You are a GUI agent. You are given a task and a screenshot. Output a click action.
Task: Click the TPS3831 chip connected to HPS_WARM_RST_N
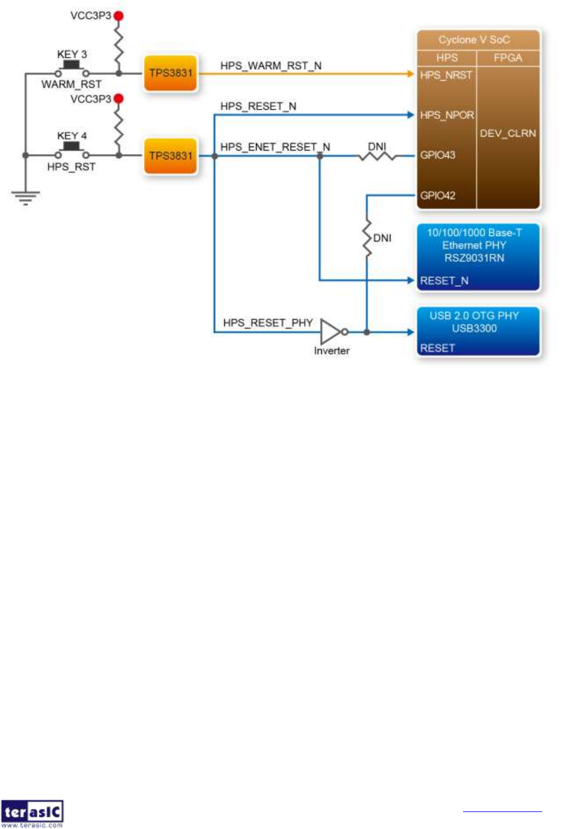pos(171,73)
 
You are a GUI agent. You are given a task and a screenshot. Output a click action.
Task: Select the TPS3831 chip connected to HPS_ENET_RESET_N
pos(171,156)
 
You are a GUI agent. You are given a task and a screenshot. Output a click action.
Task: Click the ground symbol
pos(25,197)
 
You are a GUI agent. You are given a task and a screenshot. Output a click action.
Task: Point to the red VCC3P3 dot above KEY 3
pos(118,16)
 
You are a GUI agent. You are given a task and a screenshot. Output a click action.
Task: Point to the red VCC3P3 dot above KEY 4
pos(118,98)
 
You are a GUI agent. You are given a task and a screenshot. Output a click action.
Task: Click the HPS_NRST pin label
pos(445,75)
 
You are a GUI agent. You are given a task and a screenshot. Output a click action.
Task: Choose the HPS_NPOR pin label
pos(447,115)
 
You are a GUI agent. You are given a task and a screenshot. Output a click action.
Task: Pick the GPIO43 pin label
pos(437,155)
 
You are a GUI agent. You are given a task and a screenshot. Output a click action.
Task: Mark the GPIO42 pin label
pos(437,196)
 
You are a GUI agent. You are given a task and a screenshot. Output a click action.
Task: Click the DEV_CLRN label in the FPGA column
pos(508,134)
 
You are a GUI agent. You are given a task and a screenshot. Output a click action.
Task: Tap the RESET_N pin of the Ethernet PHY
pos(444,281)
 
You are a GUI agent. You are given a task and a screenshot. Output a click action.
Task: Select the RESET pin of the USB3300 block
pos(437,348)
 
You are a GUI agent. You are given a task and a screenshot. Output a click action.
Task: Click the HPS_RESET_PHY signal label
pos(268,323)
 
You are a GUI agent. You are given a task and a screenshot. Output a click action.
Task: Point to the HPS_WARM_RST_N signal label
pos(271,66)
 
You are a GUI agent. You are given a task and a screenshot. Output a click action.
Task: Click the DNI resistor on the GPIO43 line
pos(377,156)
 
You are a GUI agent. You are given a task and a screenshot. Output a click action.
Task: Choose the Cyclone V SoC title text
pos(474,40)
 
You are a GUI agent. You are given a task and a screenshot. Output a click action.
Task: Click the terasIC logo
pos(32,813)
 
